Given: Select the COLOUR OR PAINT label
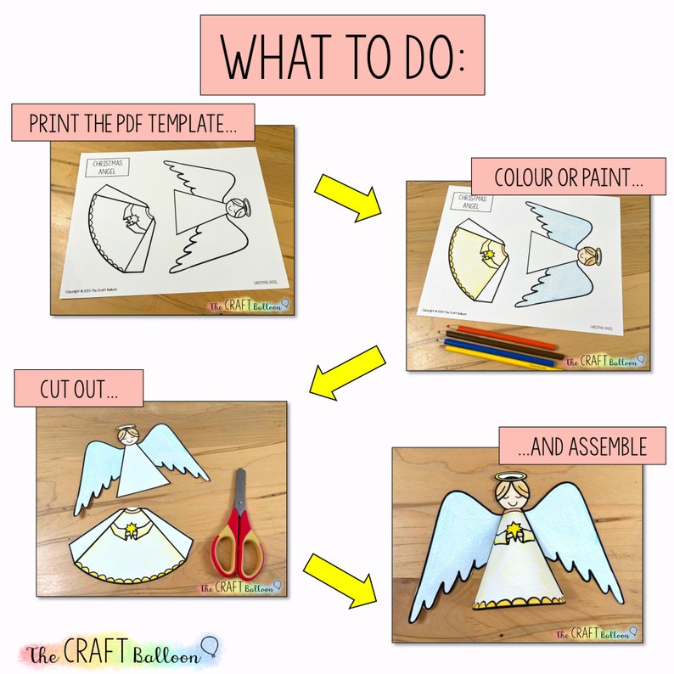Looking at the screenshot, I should point(568,177).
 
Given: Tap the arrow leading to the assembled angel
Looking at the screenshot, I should point(342,579).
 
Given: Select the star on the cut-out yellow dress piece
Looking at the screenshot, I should point(133,531).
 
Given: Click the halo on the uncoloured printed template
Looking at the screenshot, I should point(239,204).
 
